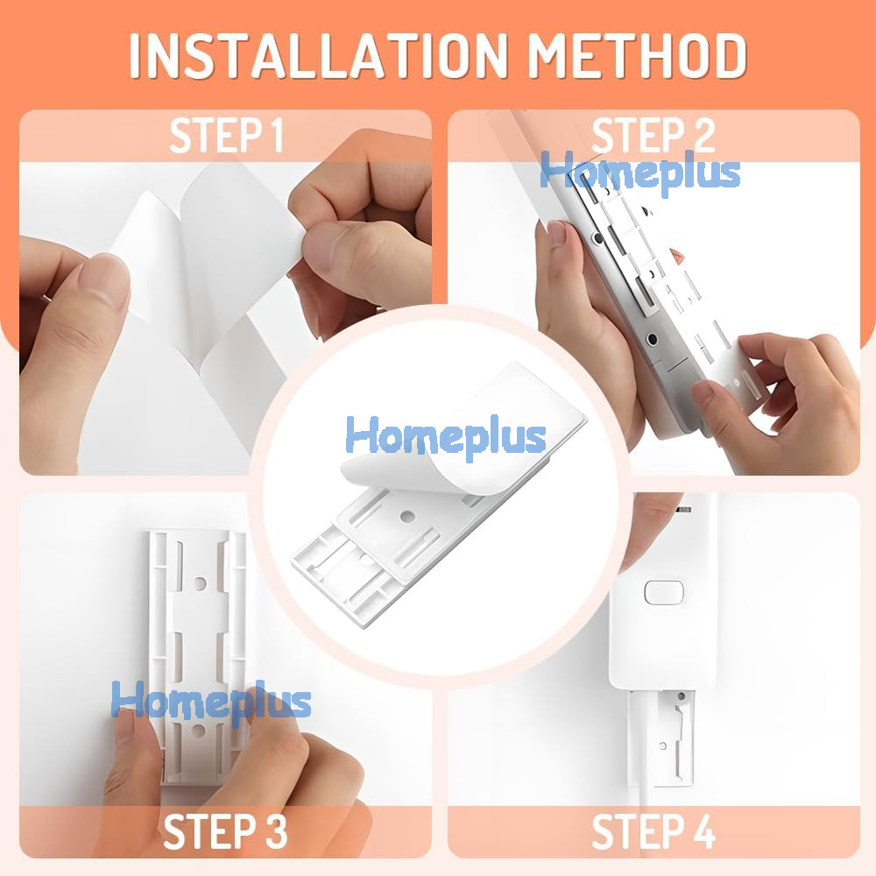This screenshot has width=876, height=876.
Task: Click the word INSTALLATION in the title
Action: [318, 55]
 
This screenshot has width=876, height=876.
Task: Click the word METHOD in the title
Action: [638, 55]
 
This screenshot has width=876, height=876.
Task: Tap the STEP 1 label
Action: [226, 135]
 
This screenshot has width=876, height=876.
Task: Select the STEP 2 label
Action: [653, 135]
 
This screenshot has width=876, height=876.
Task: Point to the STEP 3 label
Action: [225, 831]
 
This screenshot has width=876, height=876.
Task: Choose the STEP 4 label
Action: [653, 831]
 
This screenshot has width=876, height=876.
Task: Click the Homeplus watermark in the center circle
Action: [446, 436]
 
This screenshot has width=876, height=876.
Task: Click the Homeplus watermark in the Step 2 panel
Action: [640, 172]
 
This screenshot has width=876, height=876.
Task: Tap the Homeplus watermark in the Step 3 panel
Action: [211, 701]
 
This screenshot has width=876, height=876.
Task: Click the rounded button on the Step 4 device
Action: [664, 592]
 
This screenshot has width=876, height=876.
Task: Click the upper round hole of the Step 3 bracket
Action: [200, 583]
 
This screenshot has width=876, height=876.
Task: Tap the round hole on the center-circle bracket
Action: [407, 517]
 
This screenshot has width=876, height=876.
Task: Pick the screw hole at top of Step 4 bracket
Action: [681, 696]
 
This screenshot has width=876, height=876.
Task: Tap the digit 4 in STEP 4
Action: [703, 831]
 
